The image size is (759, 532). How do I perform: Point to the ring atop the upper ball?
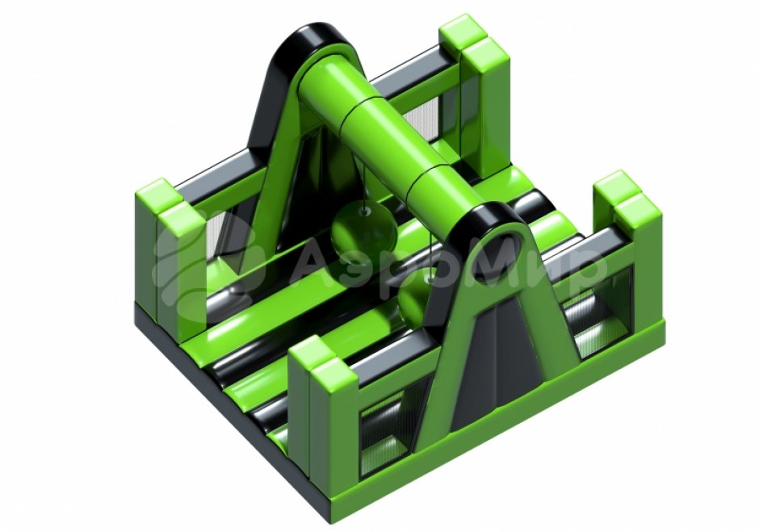pos(364,211)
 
